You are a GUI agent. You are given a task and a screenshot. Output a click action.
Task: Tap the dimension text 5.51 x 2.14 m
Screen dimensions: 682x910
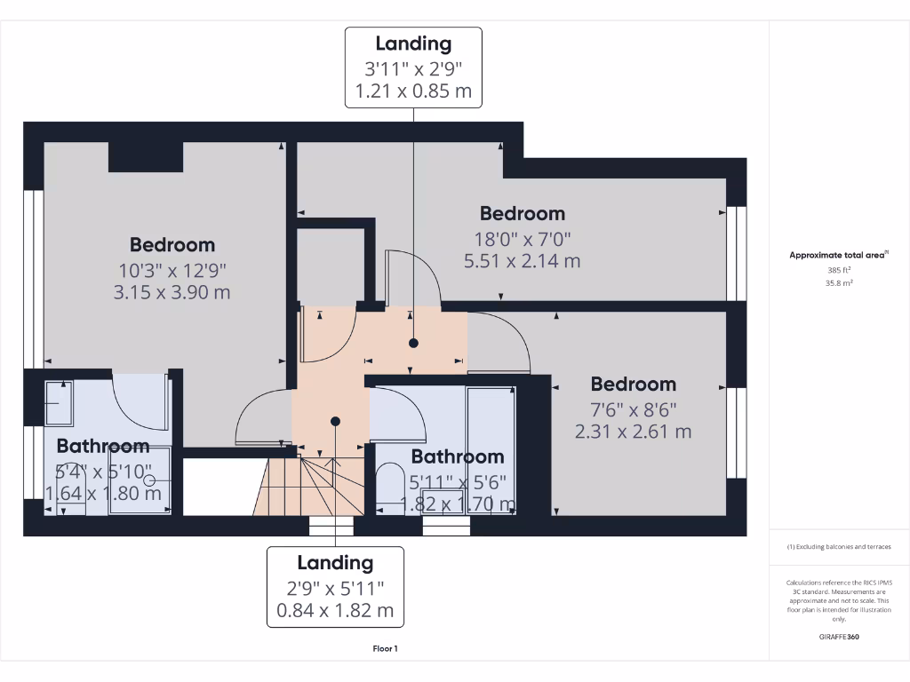click(x=522, y=261)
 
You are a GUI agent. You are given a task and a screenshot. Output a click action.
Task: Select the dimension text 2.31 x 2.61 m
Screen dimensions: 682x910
click(x=633, y=432)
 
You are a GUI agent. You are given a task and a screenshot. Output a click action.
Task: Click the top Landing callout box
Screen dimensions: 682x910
click(x=413, y=67)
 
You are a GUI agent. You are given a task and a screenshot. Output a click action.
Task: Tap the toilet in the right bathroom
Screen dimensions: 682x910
click(x=388, y=487)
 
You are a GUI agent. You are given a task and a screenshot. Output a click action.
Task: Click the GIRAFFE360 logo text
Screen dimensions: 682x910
click(x=839, y=637)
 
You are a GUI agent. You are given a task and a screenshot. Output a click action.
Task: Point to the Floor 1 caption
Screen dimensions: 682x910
click(x=385, y=648)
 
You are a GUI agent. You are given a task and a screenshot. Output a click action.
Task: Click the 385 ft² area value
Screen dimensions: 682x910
click(x=838, y=270)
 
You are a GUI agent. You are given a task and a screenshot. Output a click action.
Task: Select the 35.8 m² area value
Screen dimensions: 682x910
click(x=838, y=283)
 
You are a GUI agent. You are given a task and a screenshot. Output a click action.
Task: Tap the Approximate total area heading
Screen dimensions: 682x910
click(x=838, y=255)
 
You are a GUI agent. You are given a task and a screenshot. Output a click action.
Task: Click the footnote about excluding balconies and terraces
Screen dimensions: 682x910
click(x=838, y=547)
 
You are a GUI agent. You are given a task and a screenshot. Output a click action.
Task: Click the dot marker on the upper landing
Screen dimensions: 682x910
click(x=413, y=342)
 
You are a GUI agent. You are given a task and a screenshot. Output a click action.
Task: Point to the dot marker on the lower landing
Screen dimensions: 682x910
click(x=335, y=422)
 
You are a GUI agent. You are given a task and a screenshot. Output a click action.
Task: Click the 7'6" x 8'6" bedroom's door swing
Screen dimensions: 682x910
click(x=499, y=342)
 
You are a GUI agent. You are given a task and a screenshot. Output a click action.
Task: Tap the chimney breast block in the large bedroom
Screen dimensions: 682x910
click(x=146, y=156)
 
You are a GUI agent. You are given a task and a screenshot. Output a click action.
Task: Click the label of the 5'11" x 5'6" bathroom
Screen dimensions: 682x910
click(x=457, y=456)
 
